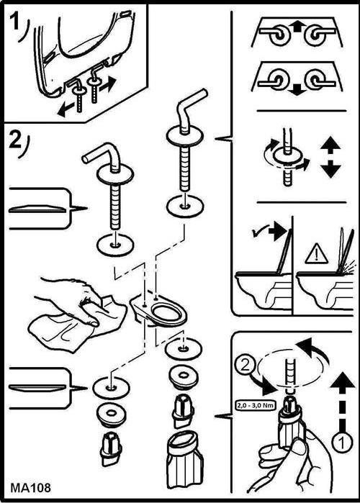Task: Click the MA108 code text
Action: [x=30, y=488]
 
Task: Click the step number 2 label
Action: [x=15, y=140]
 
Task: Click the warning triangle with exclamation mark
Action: [x=316, y=255]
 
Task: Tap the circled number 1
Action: [x=341, y=443]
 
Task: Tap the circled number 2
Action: [x=245, y=365]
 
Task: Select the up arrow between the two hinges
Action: [x=298, y=27]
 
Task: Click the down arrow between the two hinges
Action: [x=297, y=91]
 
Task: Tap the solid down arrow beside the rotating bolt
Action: [x=330, y=169]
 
